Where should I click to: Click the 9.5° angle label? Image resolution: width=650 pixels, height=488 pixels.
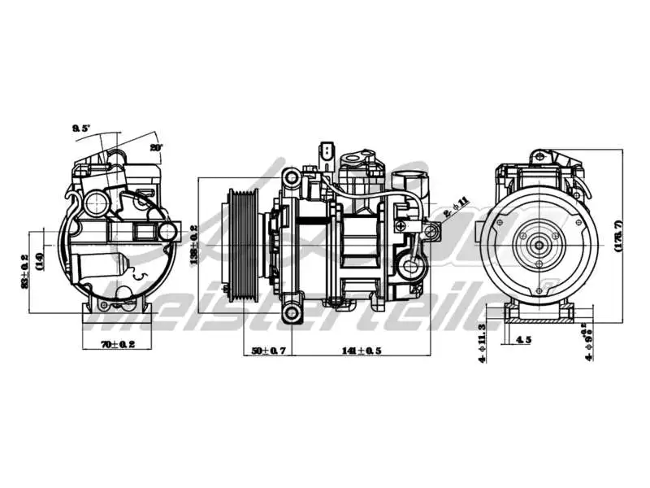81,129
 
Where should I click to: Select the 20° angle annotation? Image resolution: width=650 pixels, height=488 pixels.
156,147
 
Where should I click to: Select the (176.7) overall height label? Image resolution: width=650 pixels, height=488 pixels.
617,237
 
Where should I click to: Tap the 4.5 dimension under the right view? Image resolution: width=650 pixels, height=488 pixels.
524,340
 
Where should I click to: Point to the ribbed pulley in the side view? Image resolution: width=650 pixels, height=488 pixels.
240,244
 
